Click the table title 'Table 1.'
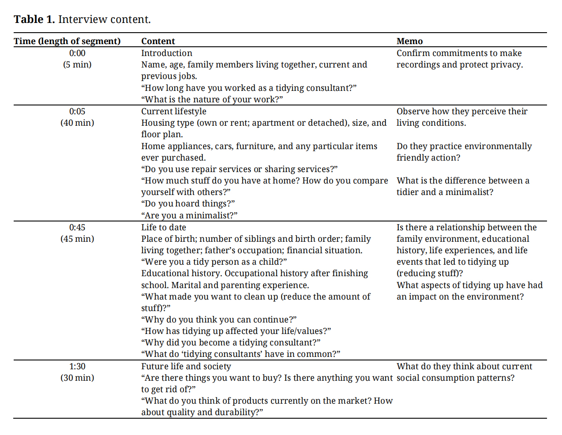34,19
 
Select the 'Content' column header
158,41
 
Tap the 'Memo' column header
409,41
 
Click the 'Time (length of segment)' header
67,41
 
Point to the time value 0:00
77,53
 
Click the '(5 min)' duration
77,64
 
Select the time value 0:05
77,111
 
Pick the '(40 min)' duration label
77,123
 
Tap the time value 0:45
77,227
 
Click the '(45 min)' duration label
77,239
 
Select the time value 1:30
77,366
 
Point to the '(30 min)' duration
77,378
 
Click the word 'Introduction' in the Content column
167,53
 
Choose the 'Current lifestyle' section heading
173,111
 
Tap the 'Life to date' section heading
164,227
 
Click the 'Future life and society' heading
186,366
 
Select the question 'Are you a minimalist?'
189,215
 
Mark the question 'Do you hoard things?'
188,203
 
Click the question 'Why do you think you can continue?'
219,319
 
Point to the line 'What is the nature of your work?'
212,99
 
